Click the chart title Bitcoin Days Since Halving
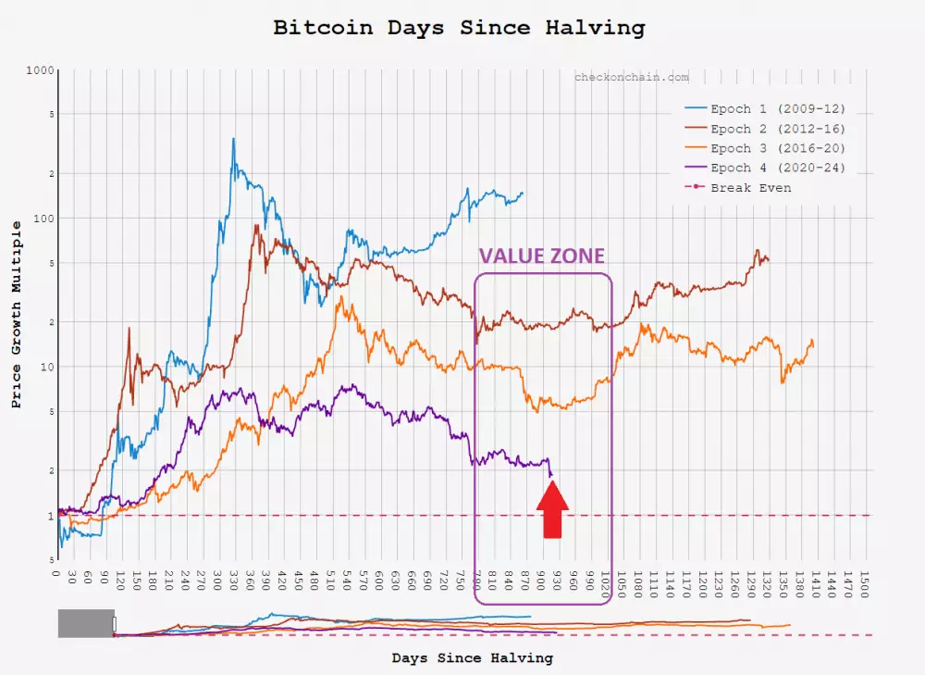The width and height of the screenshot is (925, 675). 459,28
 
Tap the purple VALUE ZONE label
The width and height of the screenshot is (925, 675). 541,256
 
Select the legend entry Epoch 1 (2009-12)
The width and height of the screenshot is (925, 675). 777,109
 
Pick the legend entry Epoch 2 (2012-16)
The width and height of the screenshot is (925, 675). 777,129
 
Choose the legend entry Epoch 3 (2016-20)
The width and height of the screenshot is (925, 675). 777,148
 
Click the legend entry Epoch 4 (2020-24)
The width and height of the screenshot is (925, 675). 777,168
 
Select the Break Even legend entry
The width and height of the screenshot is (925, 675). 750,187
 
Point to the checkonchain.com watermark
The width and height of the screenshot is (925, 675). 631,78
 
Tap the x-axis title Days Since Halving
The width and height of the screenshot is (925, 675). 472,658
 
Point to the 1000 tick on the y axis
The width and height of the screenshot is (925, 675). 40,70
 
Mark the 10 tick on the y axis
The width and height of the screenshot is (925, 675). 46,367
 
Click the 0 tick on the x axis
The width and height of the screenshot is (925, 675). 58,576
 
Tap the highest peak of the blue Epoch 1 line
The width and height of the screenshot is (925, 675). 233,139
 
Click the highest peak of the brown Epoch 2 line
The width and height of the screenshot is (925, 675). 256,225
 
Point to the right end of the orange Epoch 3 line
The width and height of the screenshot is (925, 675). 813,341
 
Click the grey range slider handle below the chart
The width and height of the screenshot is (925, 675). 86,623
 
